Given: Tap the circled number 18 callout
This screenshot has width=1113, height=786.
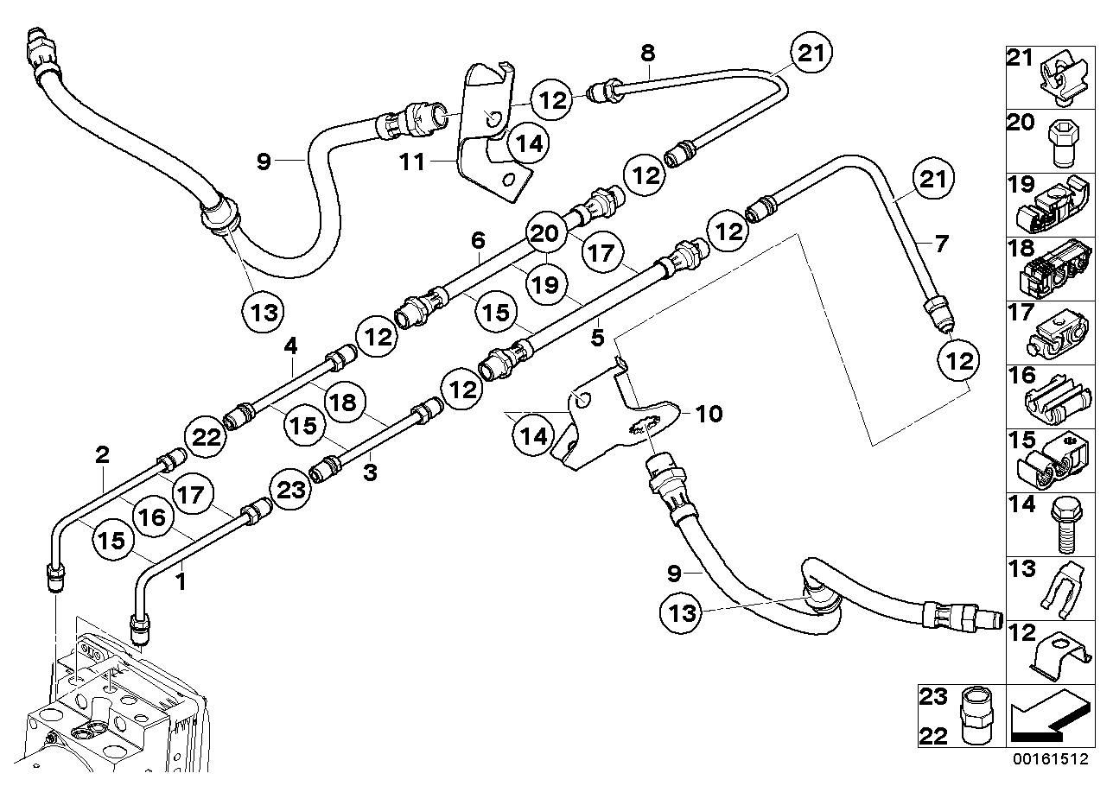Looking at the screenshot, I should (x=343, y=402).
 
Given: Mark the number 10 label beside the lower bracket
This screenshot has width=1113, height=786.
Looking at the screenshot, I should (x=708, y=415).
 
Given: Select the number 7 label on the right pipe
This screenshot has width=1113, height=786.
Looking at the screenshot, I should (x=941, y=243).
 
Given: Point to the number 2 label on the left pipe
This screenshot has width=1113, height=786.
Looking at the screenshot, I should (x=102, y=454).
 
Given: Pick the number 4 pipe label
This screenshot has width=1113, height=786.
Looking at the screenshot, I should (x=290, y=346).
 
